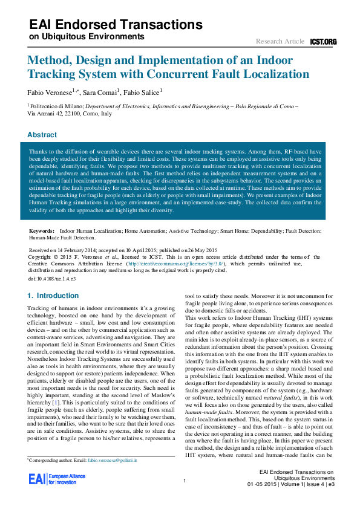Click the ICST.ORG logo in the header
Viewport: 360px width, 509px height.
coord(323,42)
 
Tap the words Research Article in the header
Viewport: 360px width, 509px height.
coord(280,42)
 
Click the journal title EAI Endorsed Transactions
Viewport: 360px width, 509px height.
coord(116,25)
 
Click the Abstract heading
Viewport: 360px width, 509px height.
coord(42,135)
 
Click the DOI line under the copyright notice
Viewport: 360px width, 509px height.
coord(53,279)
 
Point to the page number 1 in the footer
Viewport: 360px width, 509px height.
coord(183,481)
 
